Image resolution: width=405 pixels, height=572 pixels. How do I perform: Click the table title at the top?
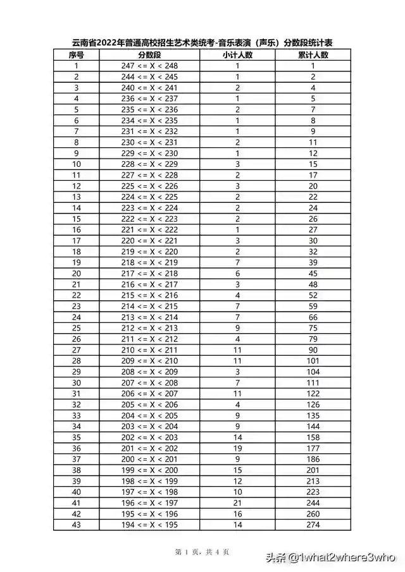[202, 43]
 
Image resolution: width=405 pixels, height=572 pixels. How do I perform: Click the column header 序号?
[77, 55]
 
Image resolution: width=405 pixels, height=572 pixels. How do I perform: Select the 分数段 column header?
[149, 55]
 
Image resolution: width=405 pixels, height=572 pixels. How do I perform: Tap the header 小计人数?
[237, 55]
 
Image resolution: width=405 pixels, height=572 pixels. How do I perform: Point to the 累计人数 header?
[313, 55]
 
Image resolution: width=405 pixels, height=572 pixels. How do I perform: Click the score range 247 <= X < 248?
[149, 65]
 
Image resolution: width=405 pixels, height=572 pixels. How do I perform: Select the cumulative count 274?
[313, 524]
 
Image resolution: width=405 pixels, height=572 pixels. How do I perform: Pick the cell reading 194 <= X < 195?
[149, 524]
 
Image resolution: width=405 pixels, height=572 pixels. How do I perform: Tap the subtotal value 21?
[237, 502]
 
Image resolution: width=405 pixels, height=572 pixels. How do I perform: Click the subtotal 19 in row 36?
[237, 448]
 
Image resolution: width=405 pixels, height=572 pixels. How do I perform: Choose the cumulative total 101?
[313, 360]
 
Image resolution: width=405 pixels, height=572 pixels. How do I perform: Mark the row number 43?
[77, 524]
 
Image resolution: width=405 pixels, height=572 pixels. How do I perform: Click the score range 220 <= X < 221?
[149, 240]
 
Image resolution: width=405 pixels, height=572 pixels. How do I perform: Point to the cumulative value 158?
[313, 437]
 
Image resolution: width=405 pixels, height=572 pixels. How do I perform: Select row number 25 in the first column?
[77, 327]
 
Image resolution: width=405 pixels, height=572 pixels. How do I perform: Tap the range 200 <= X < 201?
[149, 459]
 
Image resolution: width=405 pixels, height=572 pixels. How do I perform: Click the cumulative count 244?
[313, 502]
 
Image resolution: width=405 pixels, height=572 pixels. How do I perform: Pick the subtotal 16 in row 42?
[237, 513]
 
